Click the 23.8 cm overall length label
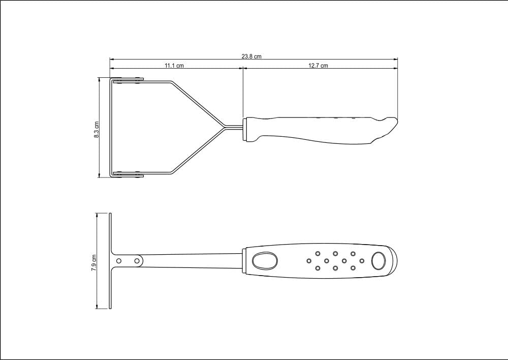click(x=251, y=56)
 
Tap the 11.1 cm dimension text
click(x=174, y=66)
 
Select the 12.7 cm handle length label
click(x=318, y=66)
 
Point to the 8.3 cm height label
click(x=96, y=129)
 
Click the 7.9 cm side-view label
click(x=94, y=262)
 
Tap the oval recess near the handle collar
click(x=265, y=260)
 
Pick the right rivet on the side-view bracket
click(x=137, y=260)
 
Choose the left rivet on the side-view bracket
click(x=119, y=260)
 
